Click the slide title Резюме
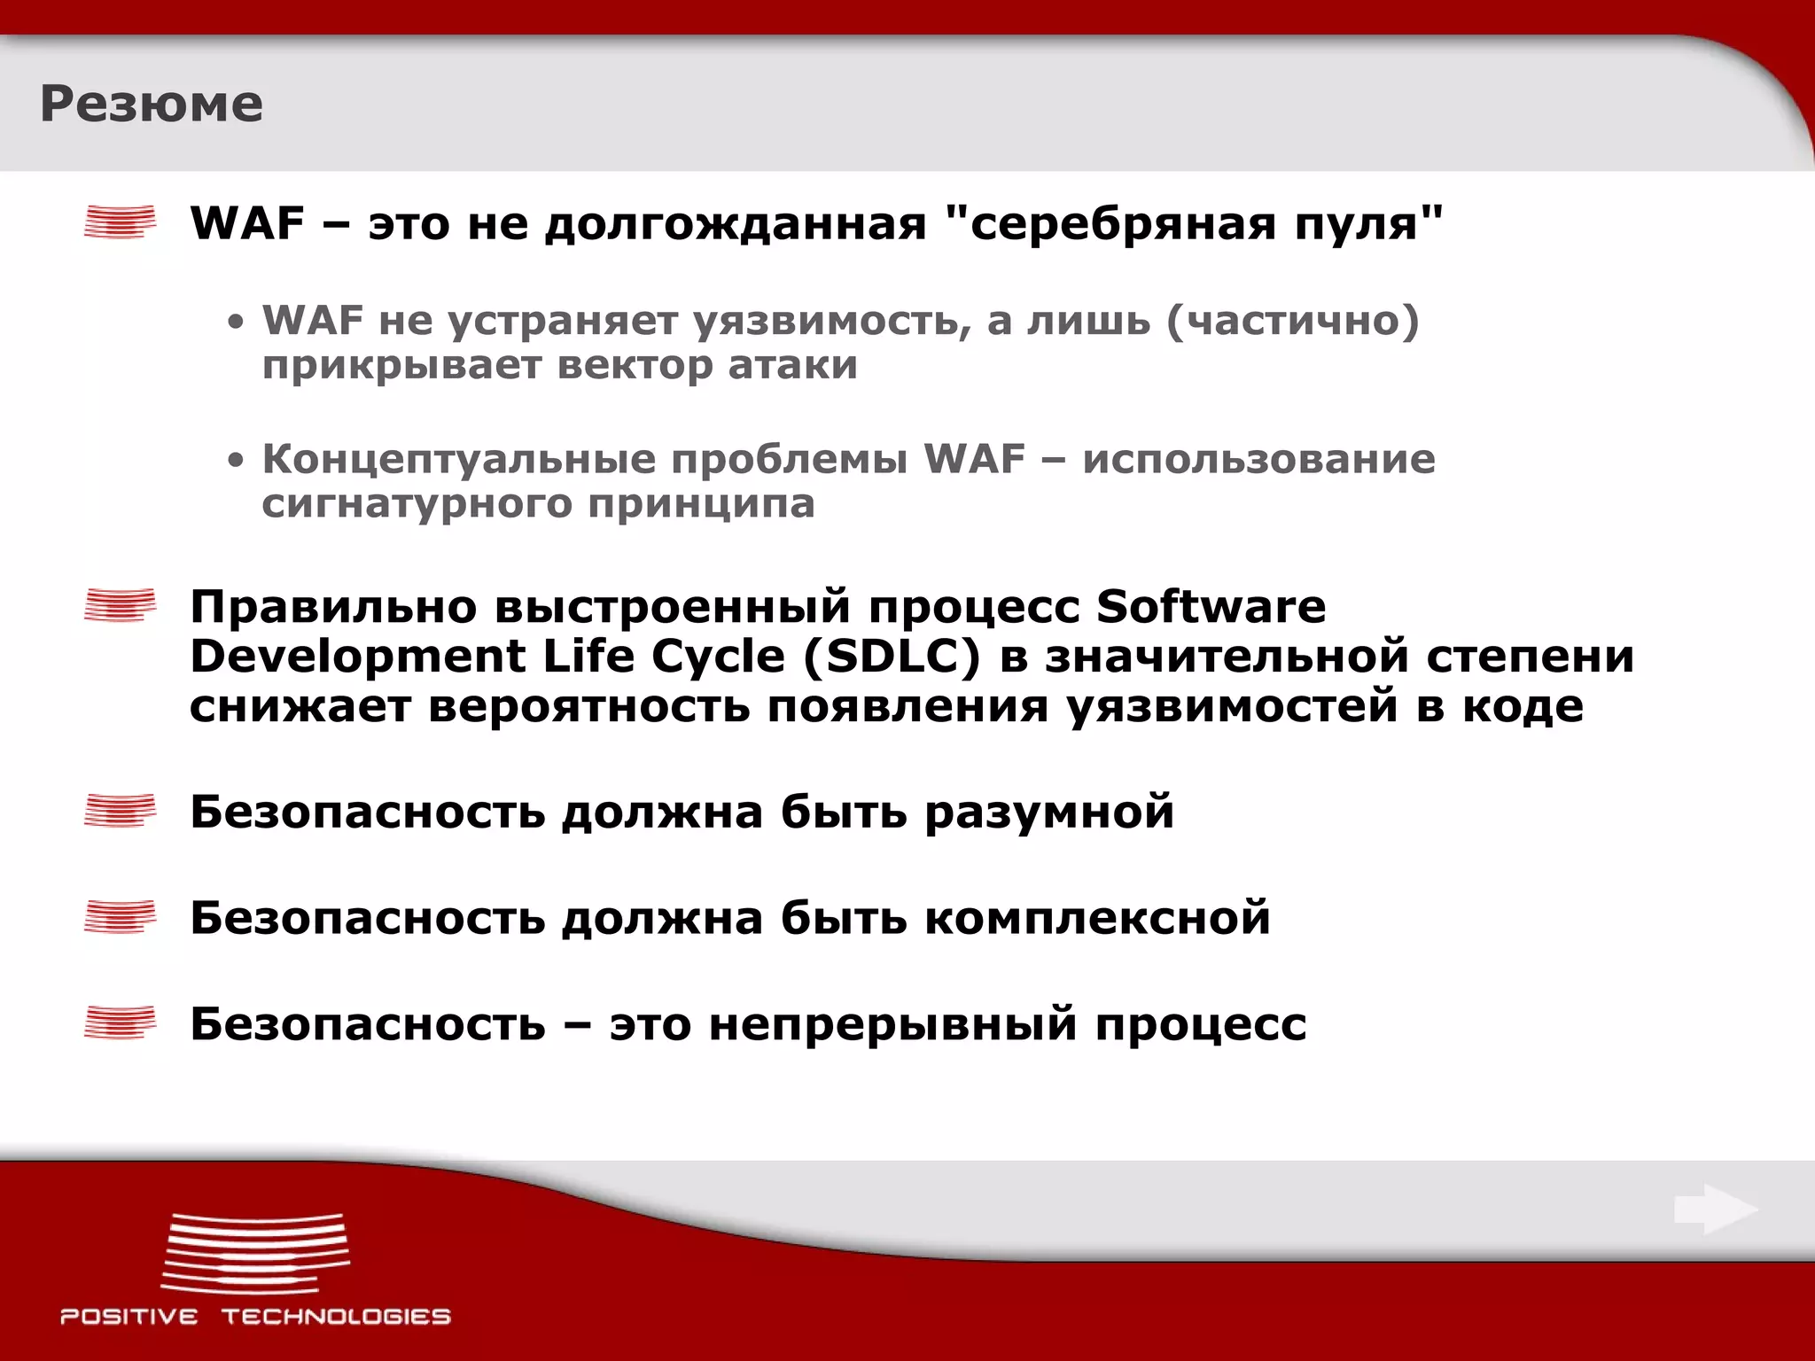coord(152,105)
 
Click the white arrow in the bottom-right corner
coord(1716,1209)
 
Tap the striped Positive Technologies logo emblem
coord(255,1253)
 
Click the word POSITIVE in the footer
coord(129,1317)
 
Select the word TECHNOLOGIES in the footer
coord(336,1317)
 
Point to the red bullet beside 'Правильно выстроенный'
coord(120,606)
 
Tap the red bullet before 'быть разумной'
coord(120,811)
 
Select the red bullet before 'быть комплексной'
coord(120,917)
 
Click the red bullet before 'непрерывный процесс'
coord(120,1023)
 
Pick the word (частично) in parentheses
coord(1292,321)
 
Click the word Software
coord(1211,607)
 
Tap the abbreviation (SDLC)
coord(892,657)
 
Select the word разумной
coord(1049,813)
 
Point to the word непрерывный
coord(892,1025)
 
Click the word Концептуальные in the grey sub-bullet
coord(461,460)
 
